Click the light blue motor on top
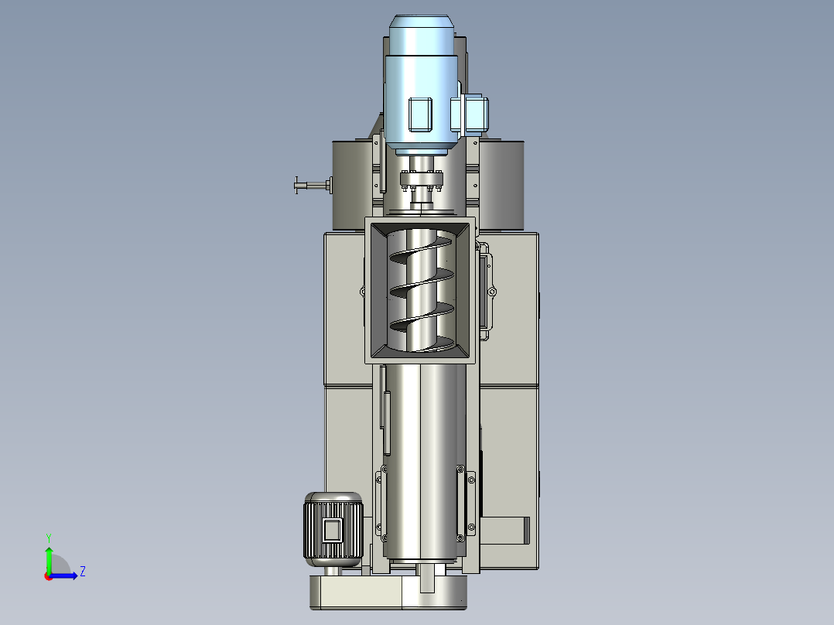421,85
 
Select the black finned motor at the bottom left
333,529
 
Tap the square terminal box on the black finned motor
333,531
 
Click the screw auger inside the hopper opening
421,290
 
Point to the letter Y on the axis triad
49,538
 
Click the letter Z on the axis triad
83,572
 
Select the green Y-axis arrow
49,559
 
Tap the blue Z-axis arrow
63,575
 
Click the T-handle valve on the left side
313,185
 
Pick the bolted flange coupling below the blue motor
421,179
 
